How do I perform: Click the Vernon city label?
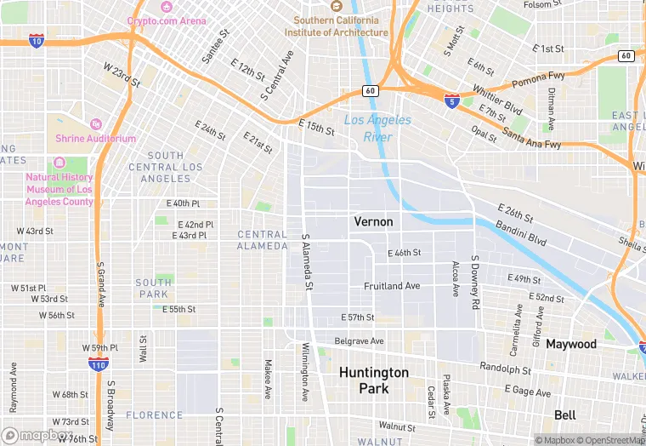373,221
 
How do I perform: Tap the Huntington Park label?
374,380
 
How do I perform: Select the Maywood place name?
571,345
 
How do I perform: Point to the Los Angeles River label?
377,128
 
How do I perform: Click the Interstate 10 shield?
36,40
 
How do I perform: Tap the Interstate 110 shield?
99,363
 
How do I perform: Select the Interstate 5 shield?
452,100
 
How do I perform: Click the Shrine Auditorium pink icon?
95,124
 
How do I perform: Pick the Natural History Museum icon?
59,163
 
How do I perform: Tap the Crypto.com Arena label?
167,20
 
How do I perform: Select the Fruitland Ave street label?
392,286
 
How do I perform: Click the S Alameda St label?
306,265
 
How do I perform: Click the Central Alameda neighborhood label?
263,240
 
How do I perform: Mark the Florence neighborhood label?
154,415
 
